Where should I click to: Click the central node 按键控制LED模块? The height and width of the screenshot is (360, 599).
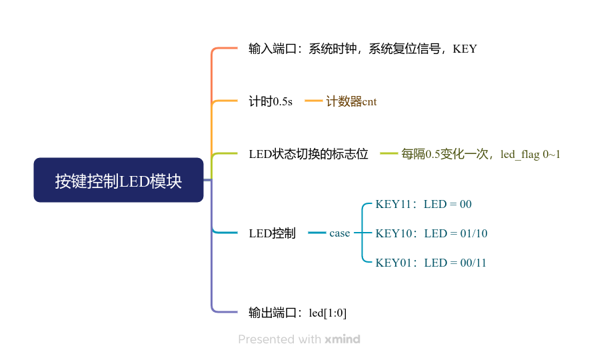point(118,180)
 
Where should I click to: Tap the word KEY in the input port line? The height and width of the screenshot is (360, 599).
point(464,49)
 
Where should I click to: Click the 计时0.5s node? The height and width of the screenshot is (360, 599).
point(271,101)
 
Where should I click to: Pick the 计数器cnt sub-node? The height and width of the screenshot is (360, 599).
point(351,101)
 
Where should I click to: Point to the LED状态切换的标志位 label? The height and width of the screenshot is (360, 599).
point(308,154)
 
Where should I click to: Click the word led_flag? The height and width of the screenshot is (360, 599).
point(520,154)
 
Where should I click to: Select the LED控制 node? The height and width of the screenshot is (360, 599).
point(272,233)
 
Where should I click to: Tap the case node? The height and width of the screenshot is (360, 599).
point(339,233)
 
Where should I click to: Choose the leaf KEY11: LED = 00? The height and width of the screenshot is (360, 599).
point(423,204)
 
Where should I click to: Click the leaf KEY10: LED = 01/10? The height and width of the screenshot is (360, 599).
point(431,233)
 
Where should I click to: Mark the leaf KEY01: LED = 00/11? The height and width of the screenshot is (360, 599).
point(430,263)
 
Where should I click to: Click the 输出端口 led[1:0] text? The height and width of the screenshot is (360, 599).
point(297,313)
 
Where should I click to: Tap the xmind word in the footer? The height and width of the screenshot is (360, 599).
point(342,339)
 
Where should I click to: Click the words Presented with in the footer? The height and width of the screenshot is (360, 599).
point(279,339)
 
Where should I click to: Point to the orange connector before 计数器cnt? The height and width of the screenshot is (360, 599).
point(314,101)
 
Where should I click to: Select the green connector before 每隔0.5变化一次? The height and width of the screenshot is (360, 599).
point(389,154)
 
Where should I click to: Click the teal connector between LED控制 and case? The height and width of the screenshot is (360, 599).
point(317,233)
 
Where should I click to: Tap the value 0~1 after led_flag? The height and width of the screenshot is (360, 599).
point(552,154)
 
